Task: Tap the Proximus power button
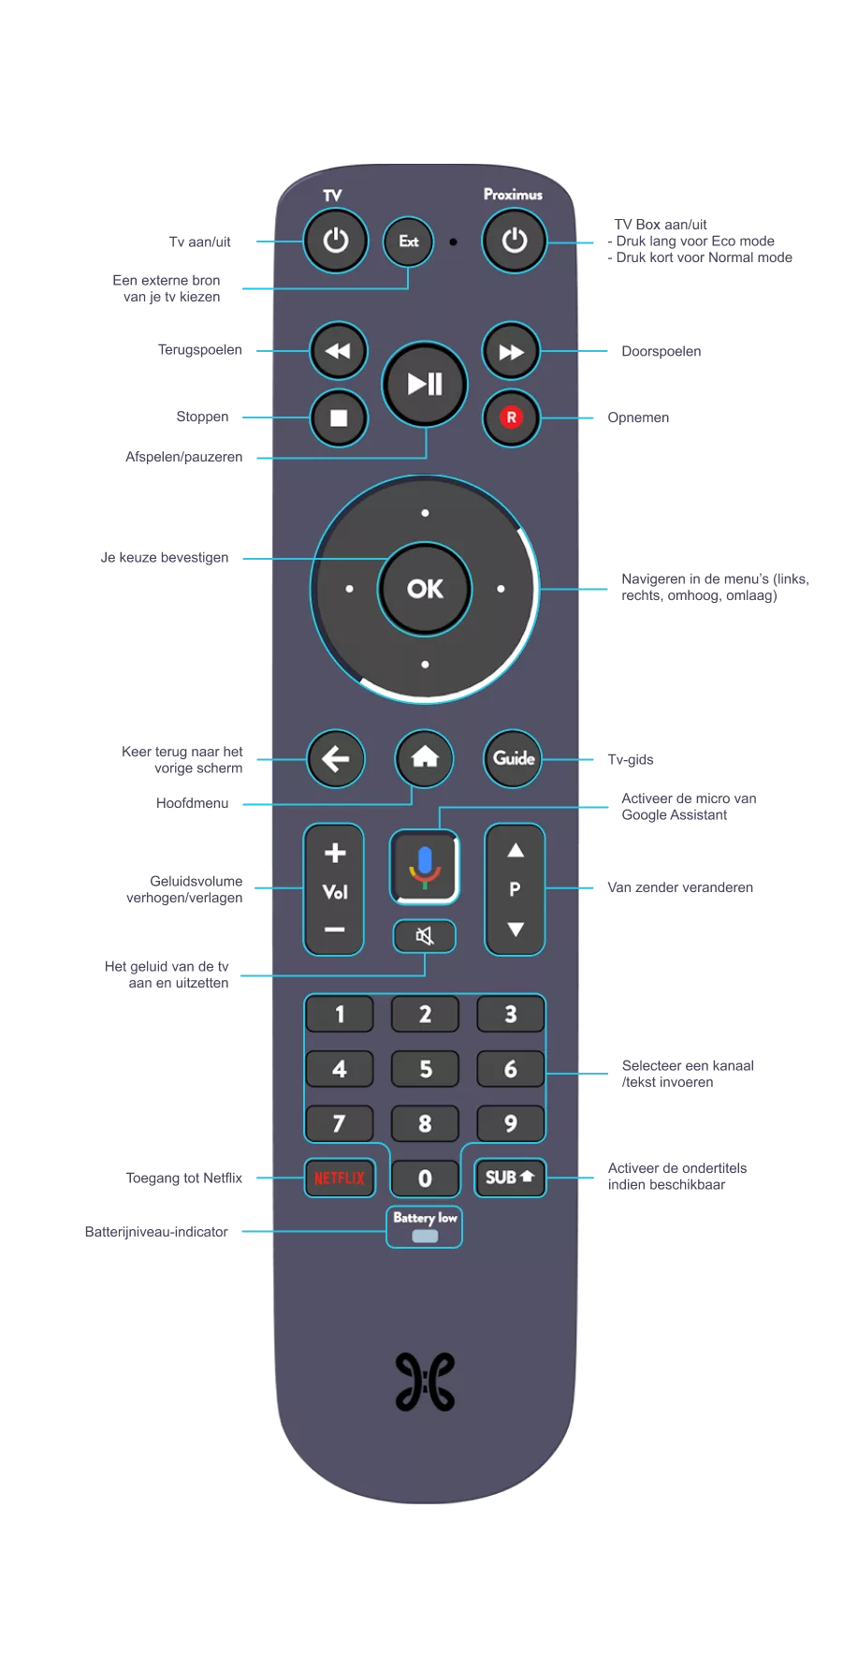(x=514, y=242)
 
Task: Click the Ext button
(x=409, y=242)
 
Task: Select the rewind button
(x=338, y=351)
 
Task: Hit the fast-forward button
(x=511, y=352)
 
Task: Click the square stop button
(x=339, y=417)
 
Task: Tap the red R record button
(x=511, y=417)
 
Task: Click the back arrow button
(x=336, y=758)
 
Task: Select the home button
(x=425, y=757)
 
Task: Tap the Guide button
(x=514, y=758)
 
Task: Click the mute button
(x=425, y=936)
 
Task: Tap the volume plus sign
(x=334, y=854)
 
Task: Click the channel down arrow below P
(x=515, y=930)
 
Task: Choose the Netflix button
(x=340, y=1178)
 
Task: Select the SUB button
(x=510, y=1178)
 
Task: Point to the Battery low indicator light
(x=425, y=1236)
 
